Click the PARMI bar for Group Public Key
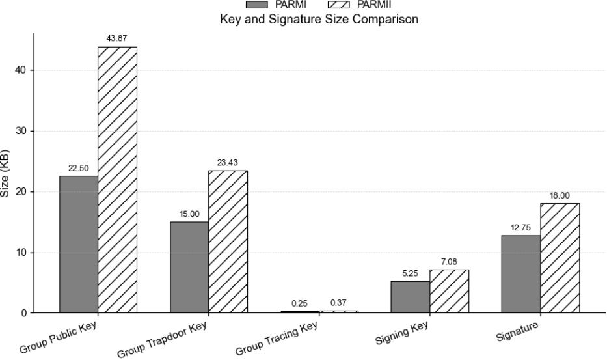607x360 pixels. click(x=79, y=244)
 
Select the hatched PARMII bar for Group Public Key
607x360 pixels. click(x=118, y=180)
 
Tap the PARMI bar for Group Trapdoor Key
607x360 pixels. click(x=189, y=267)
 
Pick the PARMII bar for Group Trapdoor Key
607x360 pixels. click(x=228, y=242)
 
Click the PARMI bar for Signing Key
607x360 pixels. click(x=410, y=297)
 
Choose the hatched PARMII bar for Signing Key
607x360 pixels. click(x=449, y=291)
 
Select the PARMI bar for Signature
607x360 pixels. click(x=520, y=274)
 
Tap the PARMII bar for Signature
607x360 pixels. click(x=560, y=258)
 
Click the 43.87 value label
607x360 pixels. click(x=118, y=40)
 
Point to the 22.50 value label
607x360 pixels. click(x=79, y=169)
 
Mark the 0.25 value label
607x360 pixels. click(x=300, y=304)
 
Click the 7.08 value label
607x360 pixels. click(x=449, y=262)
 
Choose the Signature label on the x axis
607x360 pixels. click(x=517, y=331)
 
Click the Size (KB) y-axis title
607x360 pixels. click(x=5, y=174)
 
